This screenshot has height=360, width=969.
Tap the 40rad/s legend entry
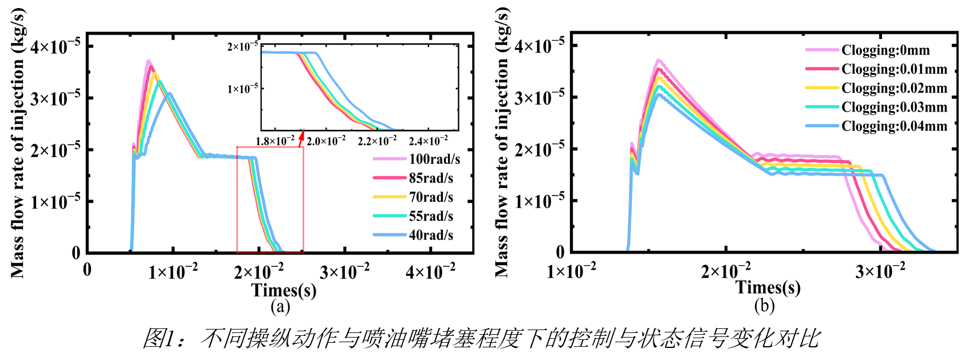point(413,235)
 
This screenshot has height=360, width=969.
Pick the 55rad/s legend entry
point(413,216)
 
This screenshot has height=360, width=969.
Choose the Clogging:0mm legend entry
point(867,50)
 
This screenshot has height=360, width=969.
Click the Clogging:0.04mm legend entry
point(876,127)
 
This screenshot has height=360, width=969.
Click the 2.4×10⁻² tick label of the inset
point(428,141)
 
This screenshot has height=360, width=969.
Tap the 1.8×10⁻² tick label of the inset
point(275,141)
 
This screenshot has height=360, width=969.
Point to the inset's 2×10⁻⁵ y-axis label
point(243,45)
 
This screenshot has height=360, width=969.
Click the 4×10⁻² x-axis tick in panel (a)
point(430,272)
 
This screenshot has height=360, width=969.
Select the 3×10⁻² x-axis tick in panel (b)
point(880,271)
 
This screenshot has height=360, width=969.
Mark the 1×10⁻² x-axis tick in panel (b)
point(571,271)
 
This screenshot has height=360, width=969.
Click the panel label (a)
point(280,307)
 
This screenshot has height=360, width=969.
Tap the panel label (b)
point(764,306)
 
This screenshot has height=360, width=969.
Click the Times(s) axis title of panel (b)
point(768,288)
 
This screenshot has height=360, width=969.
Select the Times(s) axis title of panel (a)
point(284,290)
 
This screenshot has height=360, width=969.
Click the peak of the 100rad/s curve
point(148,60)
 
